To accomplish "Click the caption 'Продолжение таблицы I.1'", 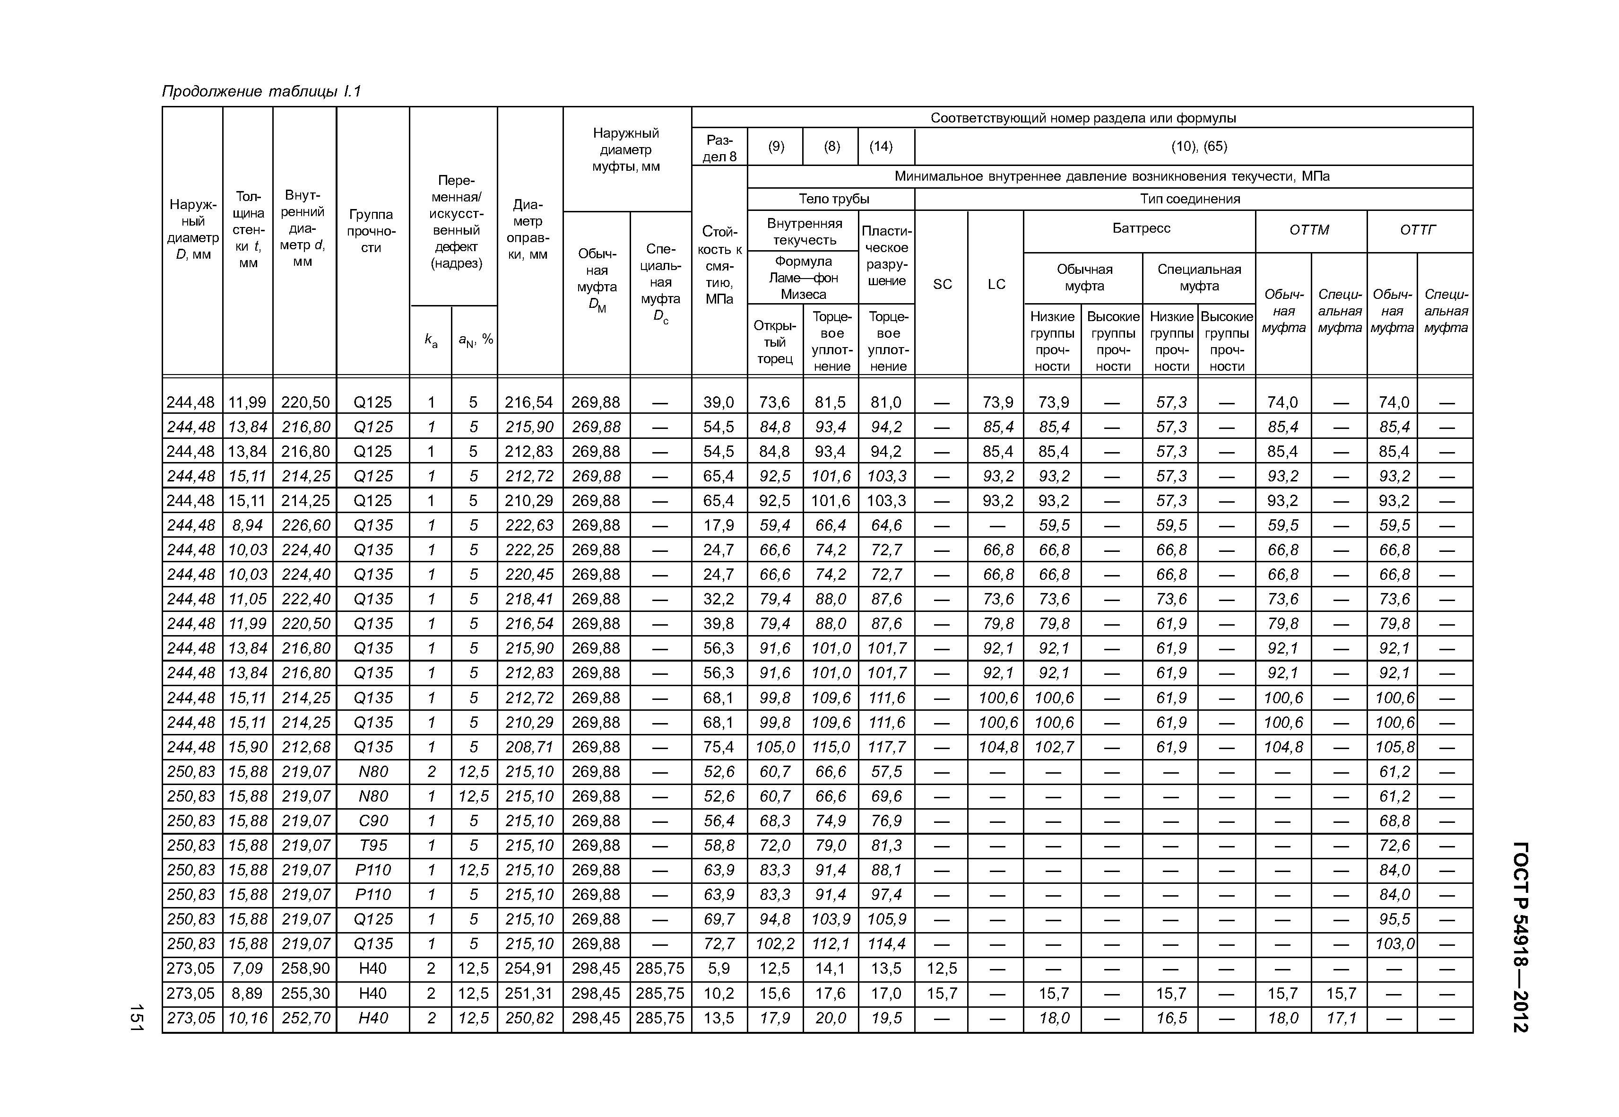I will [261, 92].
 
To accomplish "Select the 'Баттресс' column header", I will [1141, 228].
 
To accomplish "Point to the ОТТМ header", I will [1309, 230].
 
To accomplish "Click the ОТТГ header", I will [1418, 230].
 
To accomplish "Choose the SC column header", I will [942, 284].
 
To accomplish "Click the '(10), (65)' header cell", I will [1198, 146].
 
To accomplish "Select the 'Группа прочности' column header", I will [372, 231].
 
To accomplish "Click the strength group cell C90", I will [373, 821].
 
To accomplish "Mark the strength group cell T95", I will [373, 846].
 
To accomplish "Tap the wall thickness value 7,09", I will [248, 969].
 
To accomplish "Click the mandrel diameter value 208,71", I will [529, 747].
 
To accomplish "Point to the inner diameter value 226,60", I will [305, 525].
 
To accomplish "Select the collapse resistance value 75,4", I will [719, 747].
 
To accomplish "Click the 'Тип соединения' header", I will [1189, 199].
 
